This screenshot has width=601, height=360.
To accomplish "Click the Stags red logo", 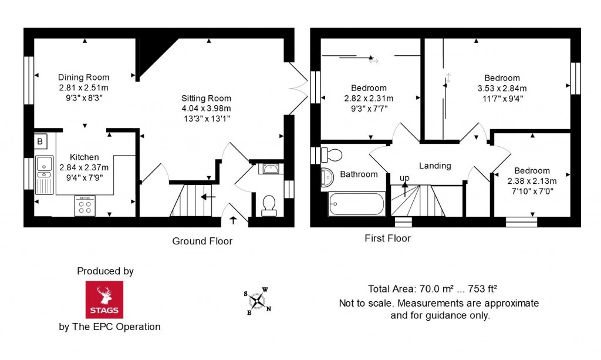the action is [104, 300].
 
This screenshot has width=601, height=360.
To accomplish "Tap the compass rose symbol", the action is [258, 301].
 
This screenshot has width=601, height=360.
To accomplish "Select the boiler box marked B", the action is [40, 141].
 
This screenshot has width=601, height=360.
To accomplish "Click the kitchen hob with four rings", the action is [85, 206].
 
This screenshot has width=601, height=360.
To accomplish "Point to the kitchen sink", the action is [44, 174].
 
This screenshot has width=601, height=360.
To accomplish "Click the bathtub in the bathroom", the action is [356, 204].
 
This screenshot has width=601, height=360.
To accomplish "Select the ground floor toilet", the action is [269, 206].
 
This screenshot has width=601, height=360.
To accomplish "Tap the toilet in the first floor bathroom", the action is [332, 155].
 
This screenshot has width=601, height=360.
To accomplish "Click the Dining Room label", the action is [83, 78].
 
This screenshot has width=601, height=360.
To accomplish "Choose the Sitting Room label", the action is [206, 99].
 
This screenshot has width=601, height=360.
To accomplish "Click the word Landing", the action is [435, 166].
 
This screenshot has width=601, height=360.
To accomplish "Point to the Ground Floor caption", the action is [202, 241].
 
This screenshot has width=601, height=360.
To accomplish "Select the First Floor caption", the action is [387, 238].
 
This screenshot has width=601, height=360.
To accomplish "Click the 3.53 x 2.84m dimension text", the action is [502, 89].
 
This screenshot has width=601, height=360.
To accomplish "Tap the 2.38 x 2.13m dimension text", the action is [532, 181].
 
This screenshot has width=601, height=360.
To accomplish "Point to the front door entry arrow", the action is [233, 220].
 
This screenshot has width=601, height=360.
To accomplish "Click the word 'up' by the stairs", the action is [404, 178].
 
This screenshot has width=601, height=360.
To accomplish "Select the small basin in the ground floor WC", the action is [271, 169].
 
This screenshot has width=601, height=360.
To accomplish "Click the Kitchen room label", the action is [85, 157].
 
